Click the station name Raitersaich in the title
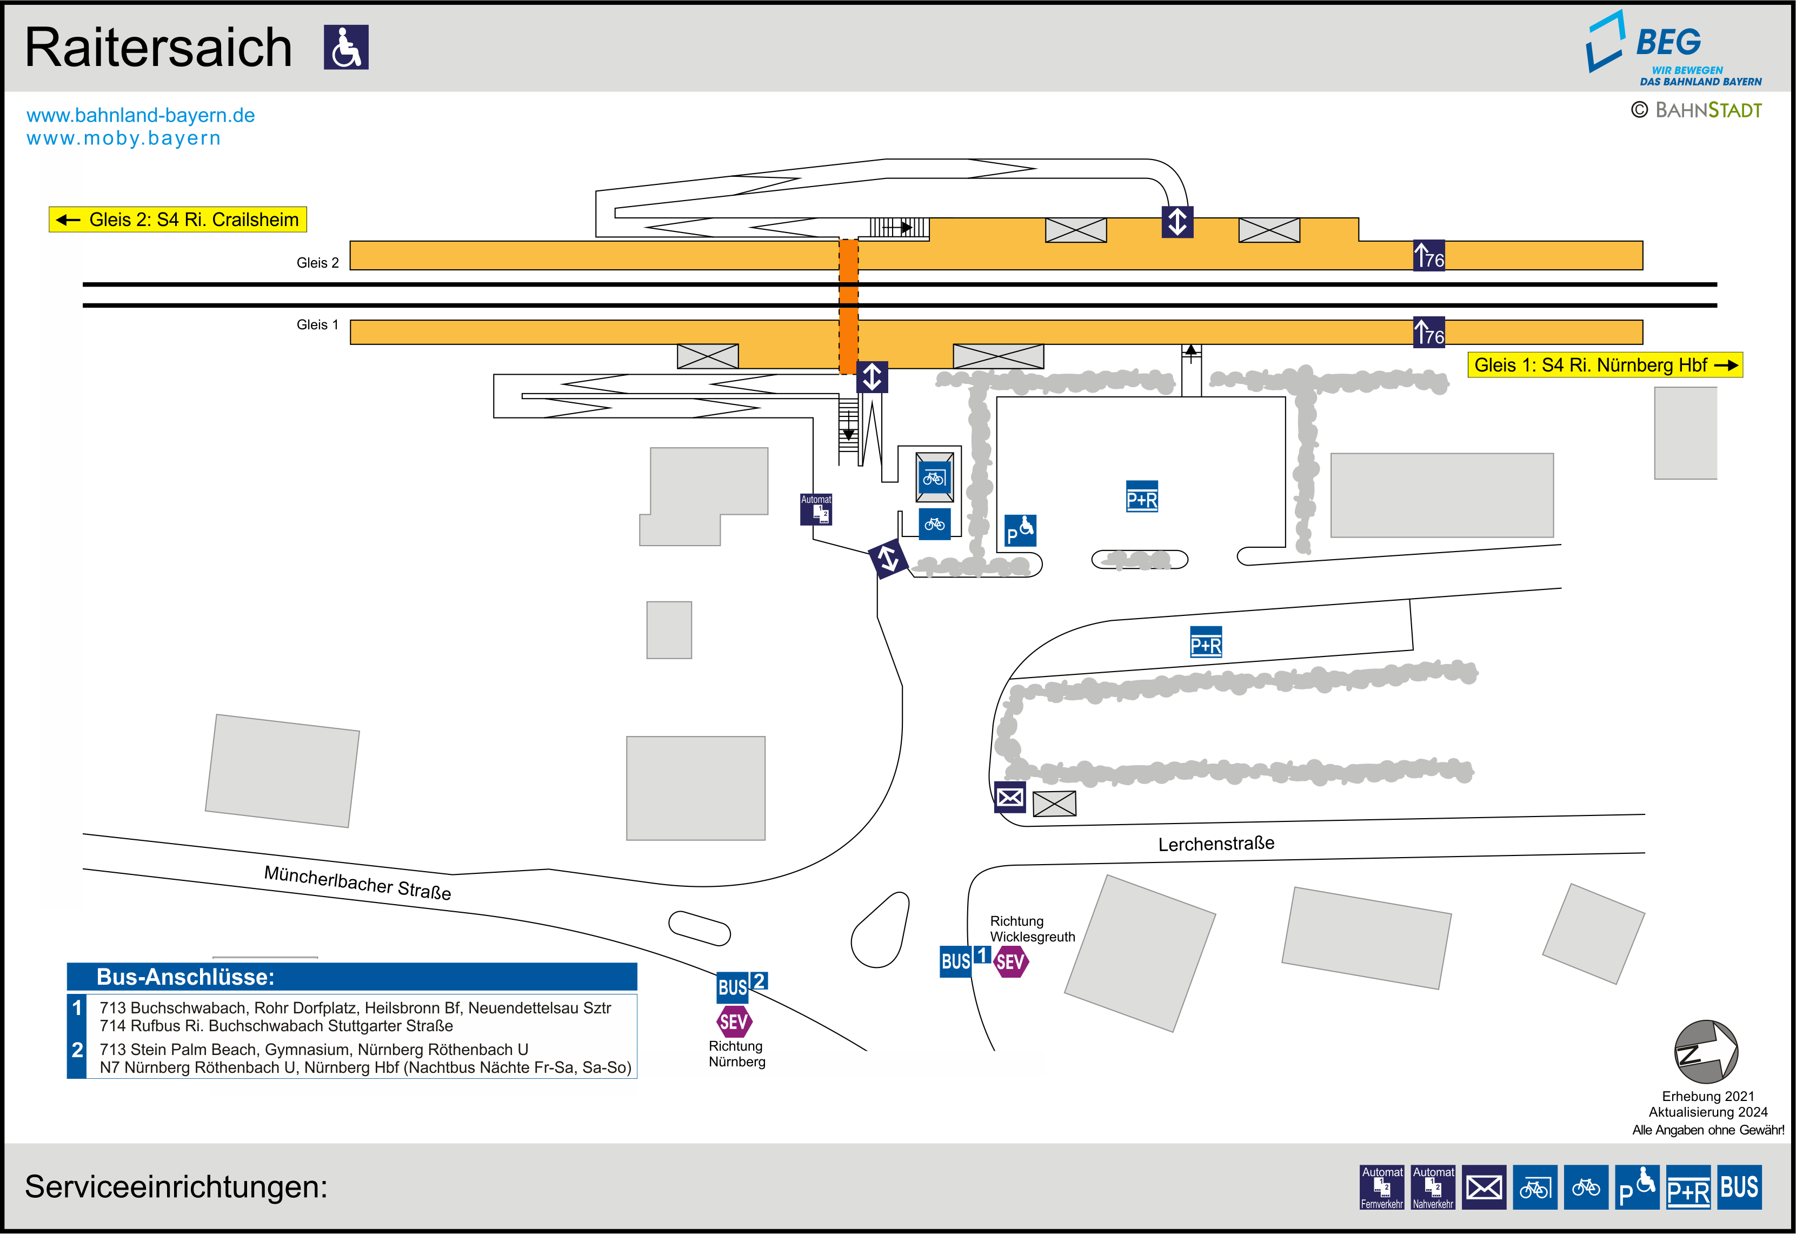[158, 48]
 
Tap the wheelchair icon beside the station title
[345, 47]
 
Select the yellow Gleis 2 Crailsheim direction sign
[178, 220]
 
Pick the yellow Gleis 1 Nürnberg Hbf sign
[1605, 365]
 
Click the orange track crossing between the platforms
[849, 306]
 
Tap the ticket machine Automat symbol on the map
[816, 509]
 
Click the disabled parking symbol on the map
[1020, 531]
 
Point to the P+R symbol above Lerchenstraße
[1206, 642]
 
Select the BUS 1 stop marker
[964, 960]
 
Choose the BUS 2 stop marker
[740, 986]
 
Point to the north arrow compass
[1706, 1052]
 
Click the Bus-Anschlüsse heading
[185, 977]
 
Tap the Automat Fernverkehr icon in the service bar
[1382, 1187]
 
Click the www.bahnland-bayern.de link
[141, 115]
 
